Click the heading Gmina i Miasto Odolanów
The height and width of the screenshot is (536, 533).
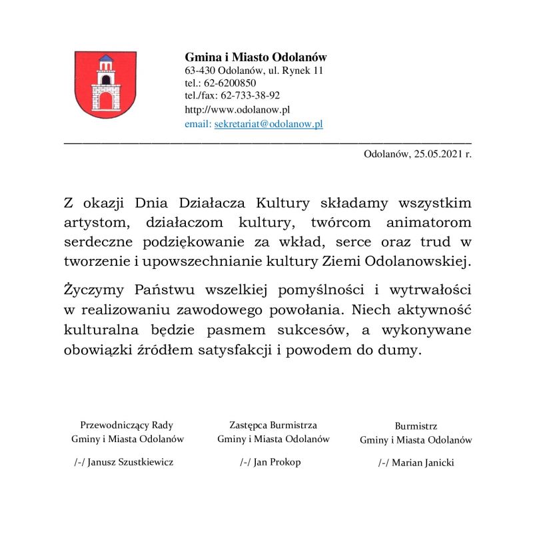255,57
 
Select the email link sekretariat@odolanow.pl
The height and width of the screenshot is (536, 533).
268,124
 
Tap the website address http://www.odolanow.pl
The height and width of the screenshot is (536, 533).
237,110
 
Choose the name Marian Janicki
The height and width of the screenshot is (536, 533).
422,463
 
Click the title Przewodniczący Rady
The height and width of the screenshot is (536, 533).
127,425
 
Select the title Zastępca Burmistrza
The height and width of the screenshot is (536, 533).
273,425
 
